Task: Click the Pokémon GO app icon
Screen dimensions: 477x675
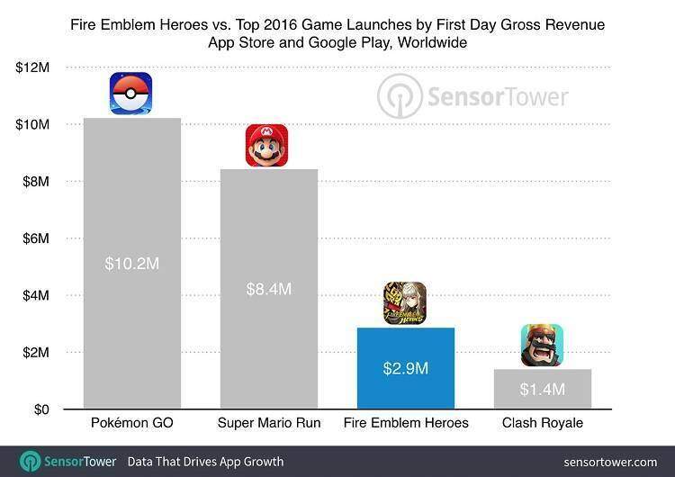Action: (x=130, y=94)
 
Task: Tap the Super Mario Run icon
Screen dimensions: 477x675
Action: (x=266, y=146)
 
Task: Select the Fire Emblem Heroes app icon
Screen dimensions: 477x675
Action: (x=404, y=303)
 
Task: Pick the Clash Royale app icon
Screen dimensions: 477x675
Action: (x=542, y=346)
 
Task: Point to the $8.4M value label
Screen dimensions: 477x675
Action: (x=267, y=289)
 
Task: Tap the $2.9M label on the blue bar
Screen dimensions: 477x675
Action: (x=404, y=368)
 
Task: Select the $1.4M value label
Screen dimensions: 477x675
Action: (x=542, y=389)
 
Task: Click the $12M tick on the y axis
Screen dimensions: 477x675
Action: (x=32, y=67)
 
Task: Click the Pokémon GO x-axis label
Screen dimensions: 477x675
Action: (x=131, y=423)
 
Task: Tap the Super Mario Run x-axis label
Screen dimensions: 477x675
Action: (x=267, y=423)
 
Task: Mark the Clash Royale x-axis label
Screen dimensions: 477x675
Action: (x=542, y=423)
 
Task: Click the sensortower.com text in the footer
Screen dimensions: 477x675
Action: (x=609, y=462)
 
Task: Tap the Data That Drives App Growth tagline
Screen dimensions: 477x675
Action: (x=205, y=462)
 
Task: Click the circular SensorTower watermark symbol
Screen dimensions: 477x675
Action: (x=400, y=96)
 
